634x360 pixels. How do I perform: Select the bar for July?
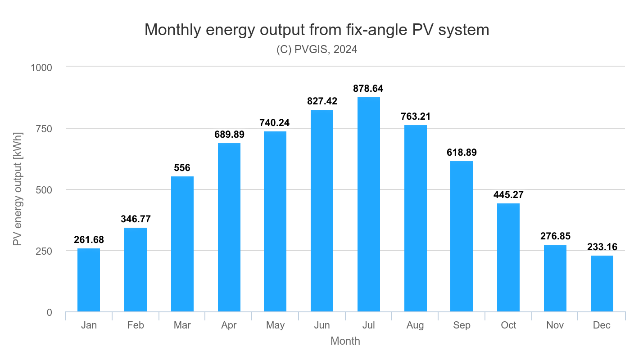[368, 204]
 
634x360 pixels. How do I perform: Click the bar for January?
[89, 280]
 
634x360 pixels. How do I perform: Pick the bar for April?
[229, 227]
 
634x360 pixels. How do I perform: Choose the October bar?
[508, 257]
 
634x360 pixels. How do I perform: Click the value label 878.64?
[368, 89]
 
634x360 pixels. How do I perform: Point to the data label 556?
[182, 168]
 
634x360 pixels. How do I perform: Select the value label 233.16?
[602, 247]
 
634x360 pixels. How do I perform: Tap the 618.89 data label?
[462, 153]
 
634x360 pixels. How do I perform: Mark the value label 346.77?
[136, 219]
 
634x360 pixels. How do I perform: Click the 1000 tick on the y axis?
[41, 67]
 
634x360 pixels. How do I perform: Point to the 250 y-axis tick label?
[44, 251]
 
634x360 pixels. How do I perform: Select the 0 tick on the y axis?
[49, 312]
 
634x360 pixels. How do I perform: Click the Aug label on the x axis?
[415, 325]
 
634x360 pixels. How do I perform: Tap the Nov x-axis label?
[555, 325]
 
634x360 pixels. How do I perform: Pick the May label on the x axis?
[275, 325]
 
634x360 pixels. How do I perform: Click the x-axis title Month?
[345, 341]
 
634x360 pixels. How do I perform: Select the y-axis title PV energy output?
[18, 189]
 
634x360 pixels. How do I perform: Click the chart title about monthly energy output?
[317, 30]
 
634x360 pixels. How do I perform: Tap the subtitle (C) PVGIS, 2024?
[317, 49]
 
